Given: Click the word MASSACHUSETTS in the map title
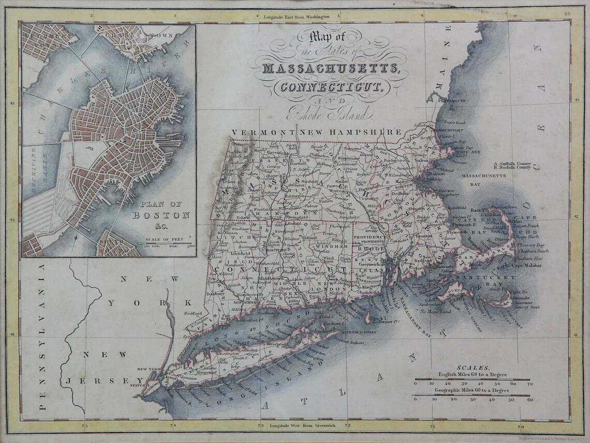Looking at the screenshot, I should coord(331,68).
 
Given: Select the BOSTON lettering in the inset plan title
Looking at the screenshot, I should coord(161,215).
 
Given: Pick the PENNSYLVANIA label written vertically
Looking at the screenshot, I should coord(42,336).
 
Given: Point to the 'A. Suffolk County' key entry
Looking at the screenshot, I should coord(513,163).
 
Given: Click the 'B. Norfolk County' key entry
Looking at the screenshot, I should coord(513,167).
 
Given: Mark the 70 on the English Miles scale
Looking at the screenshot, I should coord(529,384).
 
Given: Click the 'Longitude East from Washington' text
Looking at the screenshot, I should coord(297,17).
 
